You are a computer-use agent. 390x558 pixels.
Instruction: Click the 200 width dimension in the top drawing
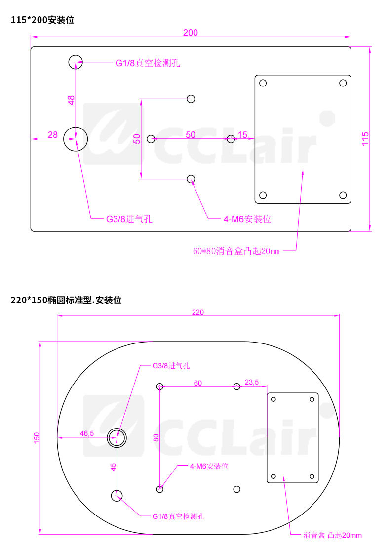point(190,33)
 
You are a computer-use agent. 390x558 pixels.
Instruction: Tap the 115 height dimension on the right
point(365,138)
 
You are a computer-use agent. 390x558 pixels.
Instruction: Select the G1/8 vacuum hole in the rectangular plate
point(75,62)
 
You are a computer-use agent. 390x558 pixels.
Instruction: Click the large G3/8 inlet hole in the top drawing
point(76,139)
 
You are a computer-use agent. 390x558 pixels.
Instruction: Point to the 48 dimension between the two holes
point(71,100)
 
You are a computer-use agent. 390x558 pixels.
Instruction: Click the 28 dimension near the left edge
point(53,134)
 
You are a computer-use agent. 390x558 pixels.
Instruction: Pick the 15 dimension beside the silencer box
point(242,134)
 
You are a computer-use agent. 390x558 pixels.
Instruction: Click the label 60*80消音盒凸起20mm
point(236,251)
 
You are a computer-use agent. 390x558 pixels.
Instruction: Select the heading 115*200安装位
point(42,20)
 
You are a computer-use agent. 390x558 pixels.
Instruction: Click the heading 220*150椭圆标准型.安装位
point(66,300)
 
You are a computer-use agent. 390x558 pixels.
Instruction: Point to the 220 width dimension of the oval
point(197,312)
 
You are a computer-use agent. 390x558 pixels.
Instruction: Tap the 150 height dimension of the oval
point(37,437)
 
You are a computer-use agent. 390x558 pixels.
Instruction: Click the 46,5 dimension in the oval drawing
point(86,433)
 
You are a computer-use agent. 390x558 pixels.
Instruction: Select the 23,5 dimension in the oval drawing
point(252,382)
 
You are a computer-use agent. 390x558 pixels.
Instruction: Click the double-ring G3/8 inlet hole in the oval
point(117,436)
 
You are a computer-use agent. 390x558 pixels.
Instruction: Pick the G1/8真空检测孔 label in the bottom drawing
point(178,516)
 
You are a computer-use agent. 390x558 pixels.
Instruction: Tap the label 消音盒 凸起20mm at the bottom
point(332,535)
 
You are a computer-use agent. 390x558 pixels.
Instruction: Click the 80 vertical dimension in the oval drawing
point(156,437)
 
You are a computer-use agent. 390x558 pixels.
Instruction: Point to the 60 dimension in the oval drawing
point(197,383)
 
